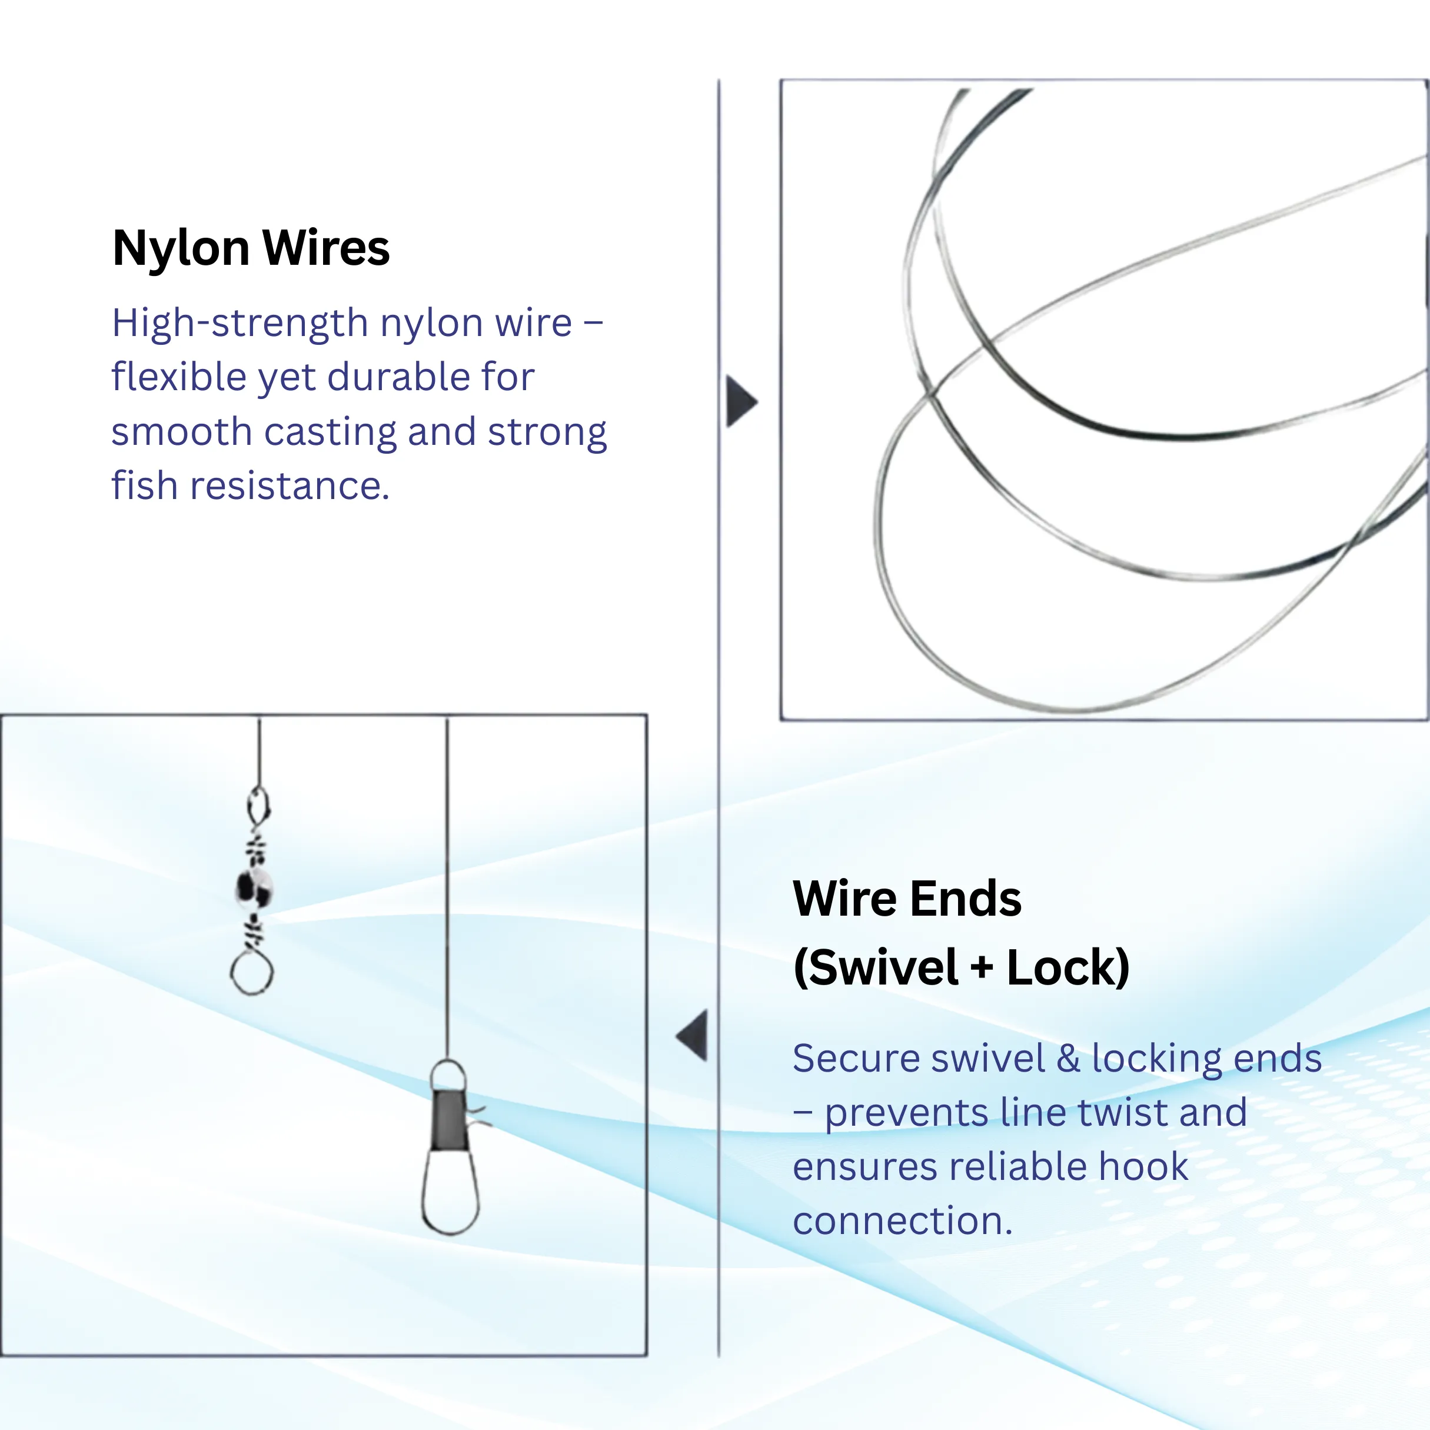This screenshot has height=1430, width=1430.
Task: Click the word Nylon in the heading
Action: (x=181, y=249)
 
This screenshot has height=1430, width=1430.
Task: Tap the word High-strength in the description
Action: (x=240, y=324)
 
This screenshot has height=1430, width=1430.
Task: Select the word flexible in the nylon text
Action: (x=178, y=377)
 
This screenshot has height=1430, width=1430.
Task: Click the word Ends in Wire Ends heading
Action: (x=965, y=899)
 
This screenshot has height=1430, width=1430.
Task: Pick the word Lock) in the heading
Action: (x=1067, y=968)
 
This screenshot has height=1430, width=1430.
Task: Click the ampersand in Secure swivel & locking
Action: (x=1068, y=1059)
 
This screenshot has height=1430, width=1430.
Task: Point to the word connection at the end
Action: (x=902, y=1221)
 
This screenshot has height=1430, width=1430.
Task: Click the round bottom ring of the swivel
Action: (x=252, y=972)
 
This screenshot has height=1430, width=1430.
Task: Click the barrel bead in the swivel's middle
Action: (x=254, y=887)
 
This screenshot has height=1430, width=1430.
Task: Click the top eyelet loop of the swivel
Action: (x=258, y=805)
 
